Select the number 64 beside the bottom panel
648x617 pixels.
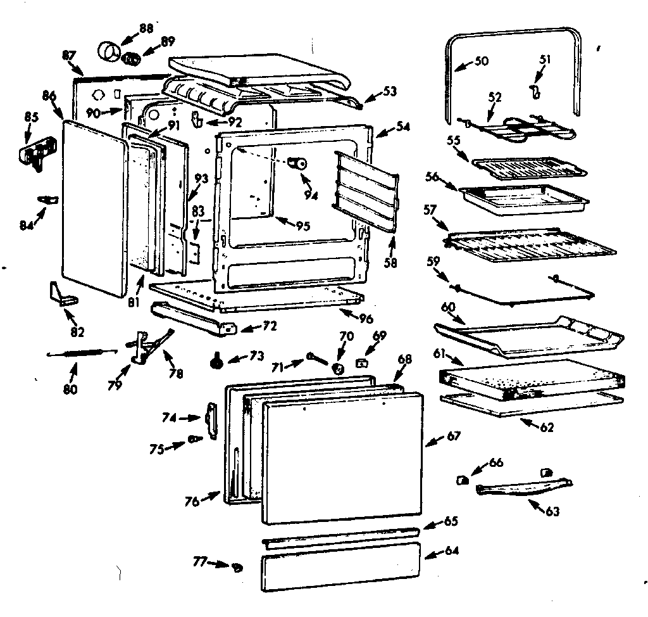coord(451,550)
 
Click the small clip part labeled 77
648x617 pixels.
coord(237,566)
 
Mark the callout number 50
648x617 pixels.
coord(481,61)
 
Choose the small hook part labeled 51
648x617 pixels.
coord(536,92)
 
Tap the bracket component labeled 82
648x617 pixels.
coord(62,294)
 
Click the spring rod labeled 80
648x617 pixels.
coord(82,353)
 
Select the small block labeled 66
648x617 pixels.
coord(463,480)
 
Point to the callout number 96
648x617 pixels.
coord(366,319)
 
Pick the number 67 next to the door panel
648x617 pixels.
coord(452,436)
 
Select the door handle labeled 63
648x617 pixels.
coord(522,488)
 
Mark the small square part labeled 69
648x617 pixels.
coord(363,362)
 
